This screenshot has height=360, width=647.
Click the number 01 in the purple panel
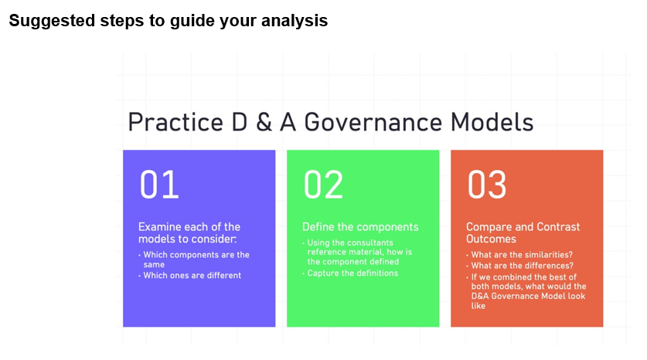click(x=159, y=185)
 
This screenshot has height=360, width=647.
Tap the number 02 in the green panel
click(x=323, y=185)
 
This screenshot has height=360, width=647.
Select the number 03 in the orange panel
click(x=487, y=185)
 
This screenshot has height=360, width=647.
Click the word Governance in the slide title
click(x=373, y=123)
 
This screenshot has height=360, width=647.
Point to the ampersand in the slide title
click(x=264, y=123)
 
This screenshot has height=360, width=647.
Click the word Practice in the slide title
click(x=176, y=123)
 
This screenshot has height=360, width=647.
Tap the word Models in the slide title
click(x=492, y=123)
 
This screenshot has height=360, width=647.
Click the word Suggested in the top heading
click(x=52, y=21)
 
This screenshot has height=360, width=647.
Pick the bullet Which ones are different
click(x=192, y=276)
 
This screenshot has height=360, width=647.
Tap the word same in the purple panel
click(x=154, y=265)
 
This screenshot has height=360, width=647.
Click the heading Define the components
click(x=360, y=227)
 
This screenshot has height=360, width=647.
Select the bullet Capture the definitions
click(x=352, y=273)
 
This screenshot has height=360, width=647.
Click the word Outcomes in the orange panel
click(x=491, y=239)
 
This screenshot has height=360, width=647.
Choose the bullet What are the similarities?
click(x=522, y=255)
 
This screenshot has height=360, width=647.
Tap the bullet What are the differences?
click(x=523, y=266)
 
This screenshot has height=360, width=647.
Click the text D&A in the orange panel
click(x=480, y=296)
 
